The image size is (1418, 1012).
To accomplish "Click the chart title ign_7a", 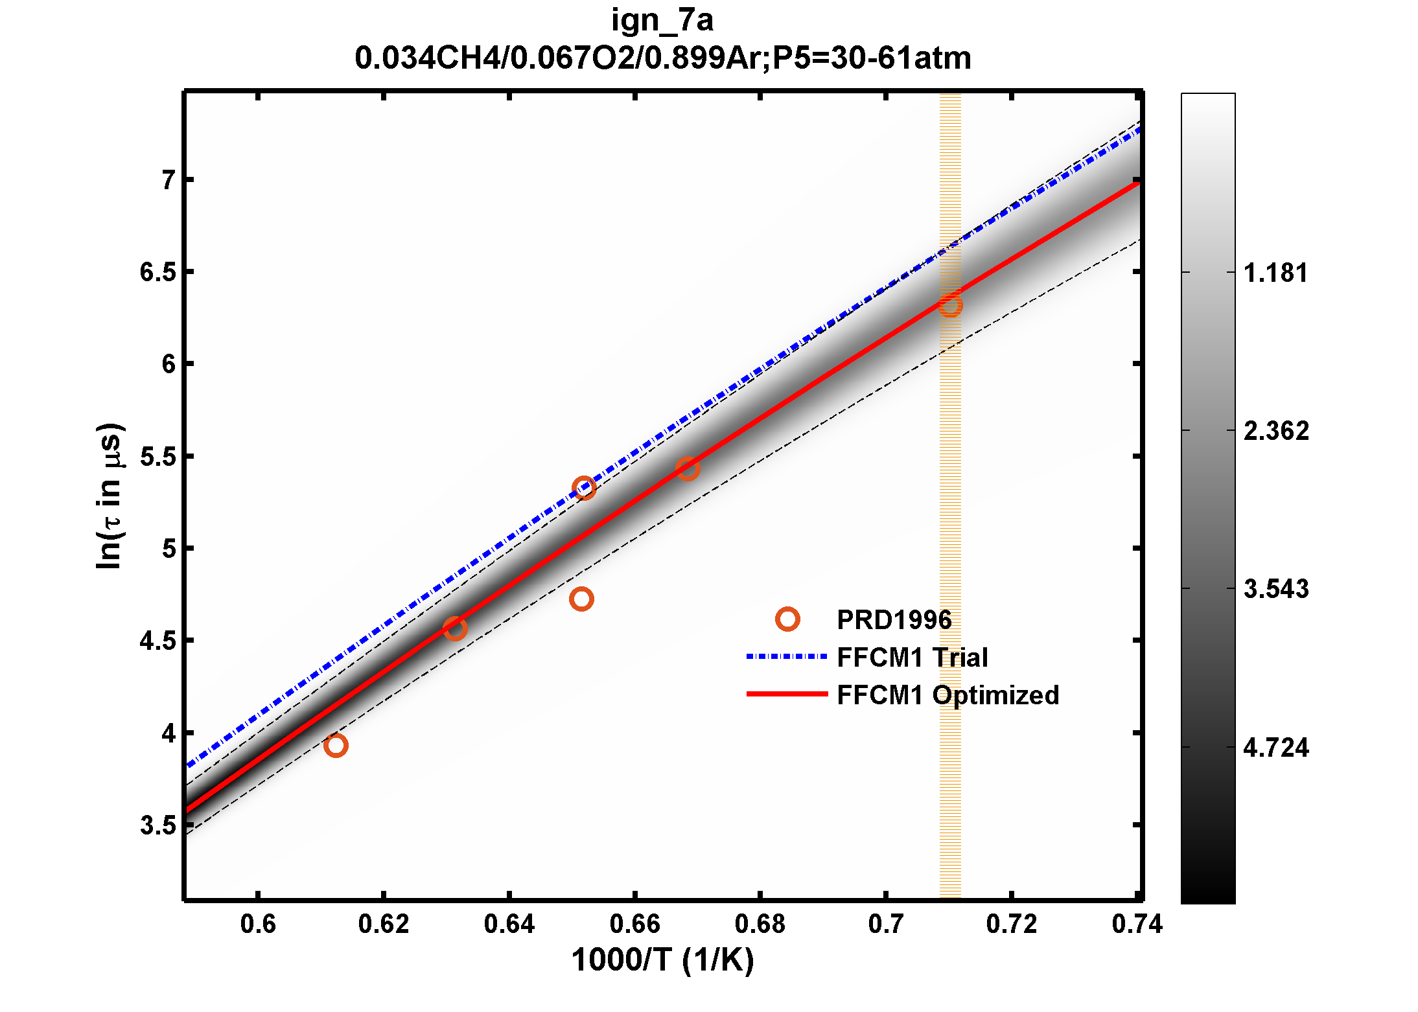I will pos(662,21).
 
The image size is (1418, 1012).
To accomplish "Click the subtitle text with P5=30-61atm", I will pos(662,58).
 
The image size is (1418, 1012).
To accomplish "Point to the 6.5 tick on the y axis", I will pos(157,272).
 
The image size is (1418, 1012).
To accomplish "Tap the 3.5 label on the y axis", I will pos(157,825).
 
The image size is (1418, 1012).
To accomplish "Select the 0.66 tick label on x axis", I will pos(634,924).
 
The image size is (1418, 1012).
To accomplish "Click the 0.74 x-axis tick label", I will pos(1137,924).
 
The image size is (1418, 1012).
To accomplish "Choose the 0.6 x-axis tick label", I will pos(258,924).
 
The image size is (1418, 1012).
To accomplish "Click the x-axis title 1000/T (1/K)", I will pos(662,960).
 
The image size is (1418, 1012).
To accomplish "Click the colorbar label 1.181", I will pos(1275,273).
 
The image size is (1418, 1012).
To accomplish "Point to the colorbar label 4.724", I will pos(1275,748).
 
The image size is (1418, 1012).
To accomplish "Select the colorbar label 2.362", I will pos(1275,431).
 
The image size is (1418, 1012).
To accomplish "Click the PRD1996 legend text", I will pos(894,620).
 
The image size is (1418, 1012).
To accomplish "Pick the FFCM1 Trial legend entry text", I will pos(912,658).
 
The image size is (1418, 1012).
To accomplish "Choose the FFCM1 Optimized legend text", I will pos(947,695).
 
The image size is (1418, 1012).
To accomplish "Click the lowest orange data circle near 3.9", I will pos(336,745).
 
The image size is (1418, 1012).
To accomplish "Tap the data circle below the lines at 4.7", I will pos(581,599).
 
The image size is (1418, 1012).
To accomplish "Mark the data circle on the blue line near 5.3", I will pos(584,488).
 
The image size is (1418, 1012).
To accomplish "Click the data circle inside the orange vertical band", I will pos(950,306).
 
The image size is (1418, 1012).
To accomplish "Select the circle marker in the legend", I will pos(787,619).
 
